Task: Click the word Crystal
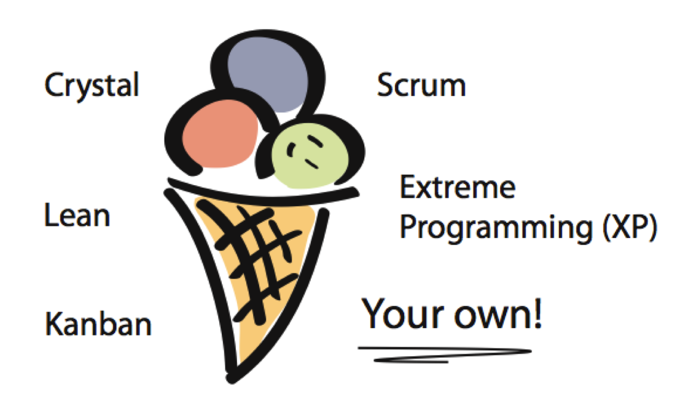[x=92, y=85]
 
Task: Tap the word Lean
[x=77, y=216]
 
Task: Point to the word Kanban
[x=98, y=323]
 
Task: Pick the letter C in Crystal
[x=53, y=85]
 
